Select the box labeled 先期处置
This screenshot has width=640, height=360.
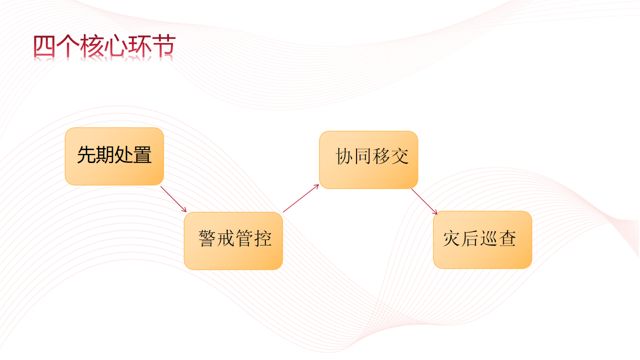(x=114, y=156)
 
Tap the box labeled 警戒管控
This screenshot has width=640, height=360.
(x=233, y=240)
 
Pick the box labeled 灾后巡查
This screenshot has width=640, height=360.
(x=482, y=240)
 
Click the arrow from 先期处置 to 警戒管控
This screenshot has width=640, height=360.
(x=173, y=197)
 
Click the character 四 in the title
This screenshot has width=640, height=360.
(x=43, y=47)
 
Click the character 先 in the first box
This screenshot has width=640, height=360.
(x=86, y=155)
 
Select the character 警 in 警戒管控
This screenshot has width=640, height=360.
(x=207, y=240)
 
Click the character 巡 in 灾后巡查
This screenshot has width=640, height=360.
(x=491, y=240)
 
